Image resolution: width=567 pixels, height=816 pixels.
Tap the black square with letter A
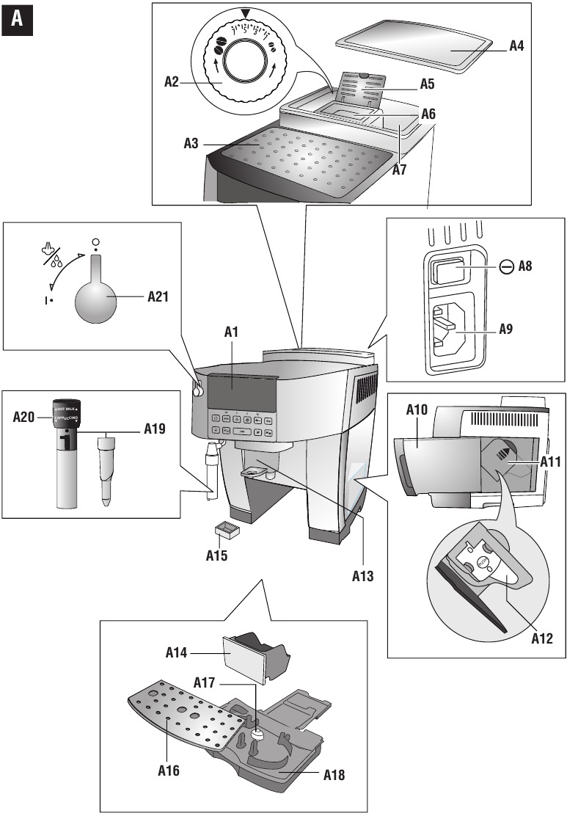point(17,21)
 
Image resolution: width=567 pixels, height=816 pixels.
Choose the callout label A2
point(173,83)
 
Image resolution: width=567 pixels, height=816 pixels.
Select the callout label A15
point(216,555)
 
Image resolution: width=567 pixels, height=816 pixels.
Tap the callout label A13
point(362,575)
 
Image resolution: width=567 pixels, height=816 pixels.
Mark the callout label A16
point(167,771)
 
